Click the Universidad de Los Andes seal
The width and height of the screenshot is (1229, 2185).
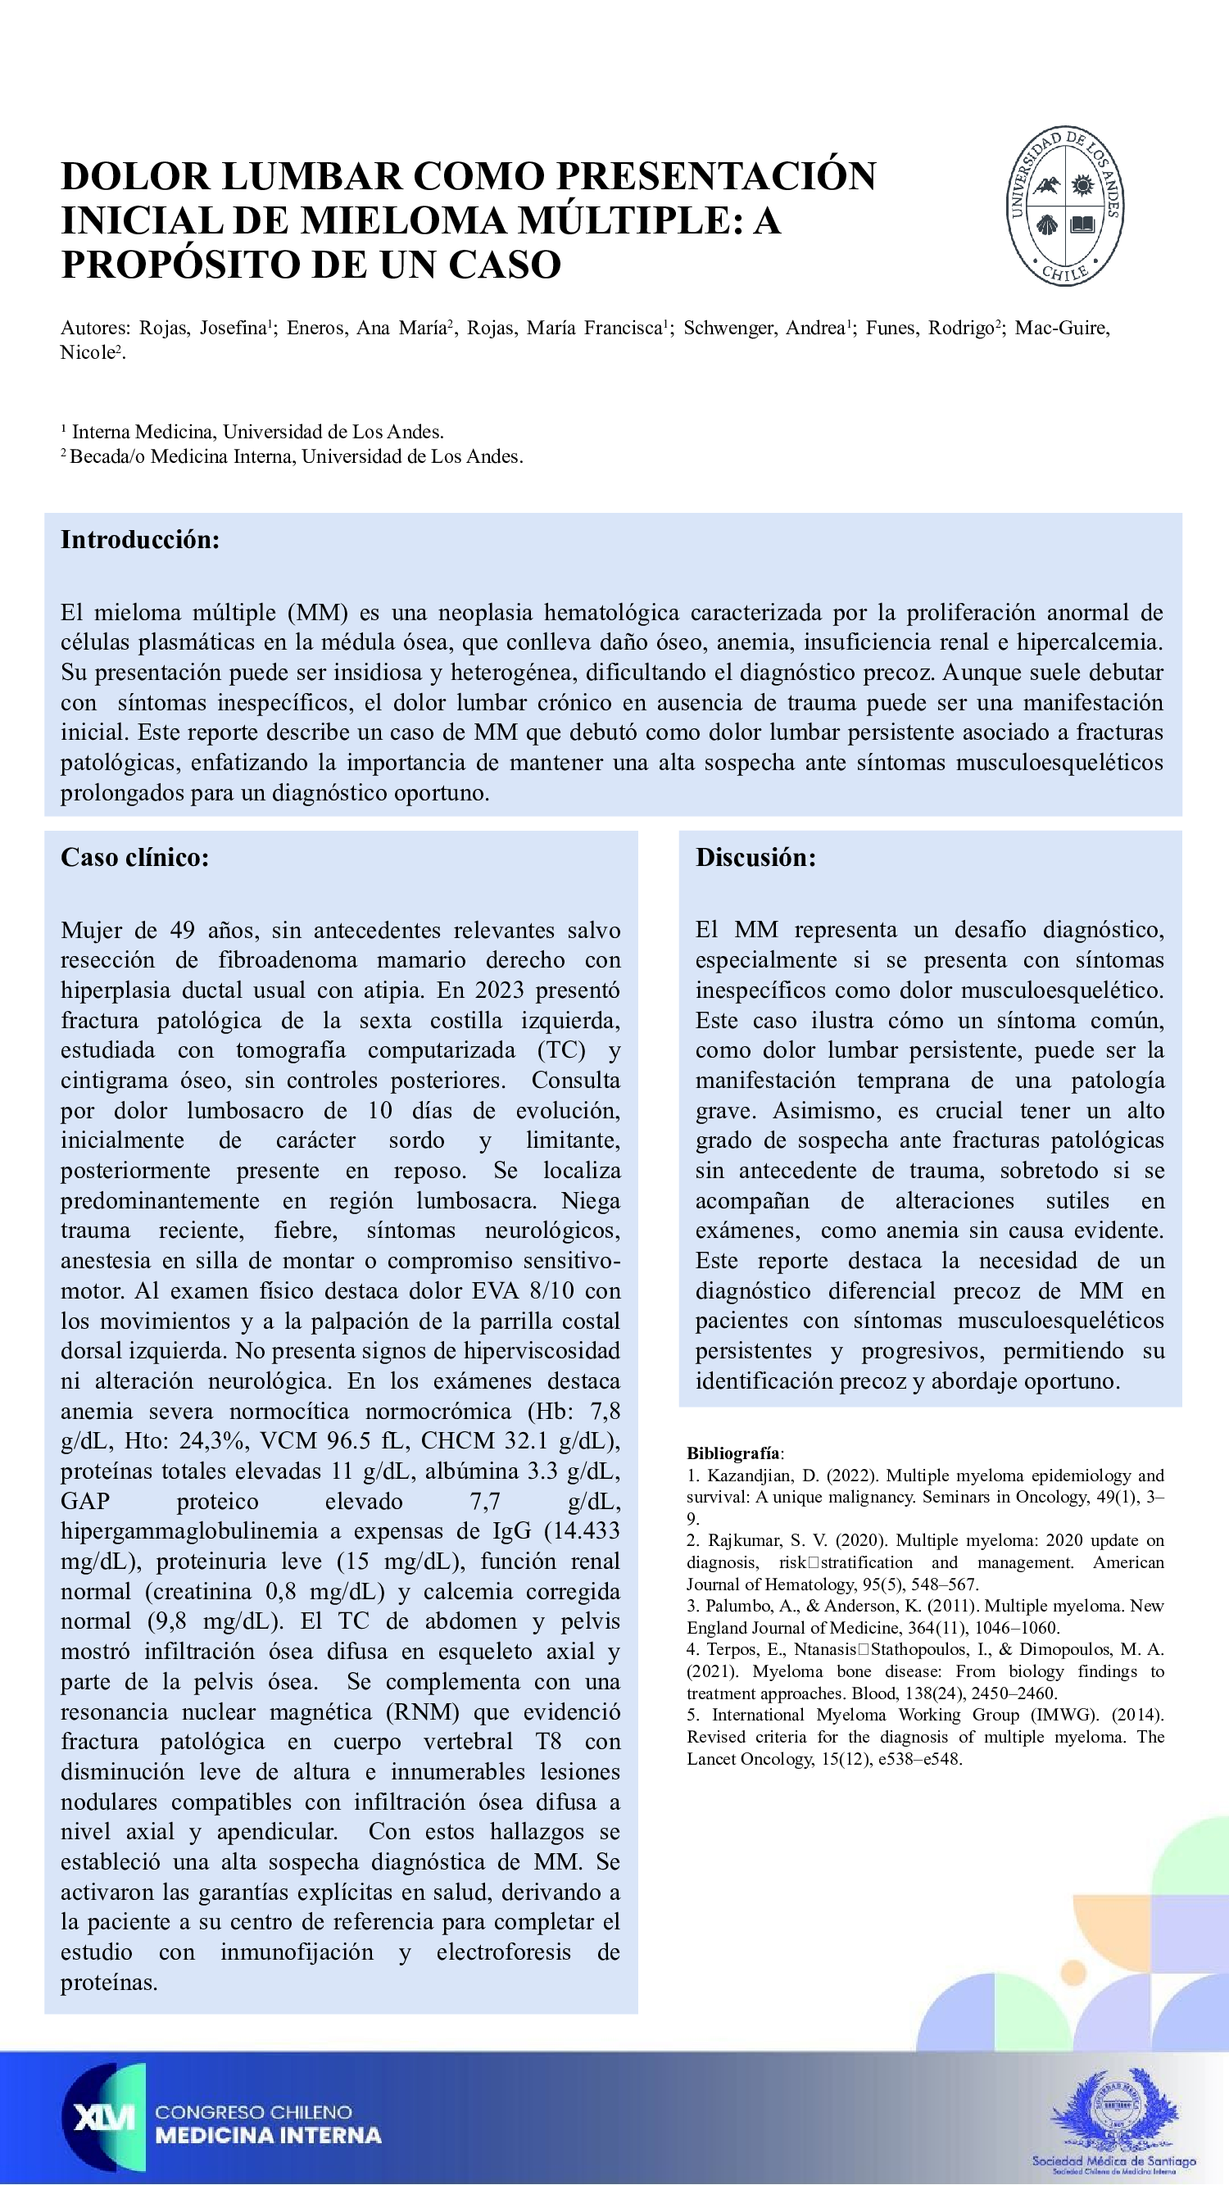pos(1064,206)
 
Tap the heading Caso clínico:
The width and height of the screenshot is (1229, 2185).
pos(134,857)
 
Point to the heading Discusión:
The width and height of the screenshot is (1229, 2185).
pos(755,857)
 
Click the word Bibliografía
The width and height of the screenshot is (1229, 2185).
pos(733,1453)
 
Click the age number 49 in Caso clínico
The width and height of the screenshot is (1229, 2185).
pos(183,931)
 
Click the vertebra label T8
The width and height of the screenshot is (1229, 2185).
pos(548,1743)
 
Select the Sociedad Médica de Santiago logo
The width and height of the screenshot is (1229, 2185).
pos(1113,2119)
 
